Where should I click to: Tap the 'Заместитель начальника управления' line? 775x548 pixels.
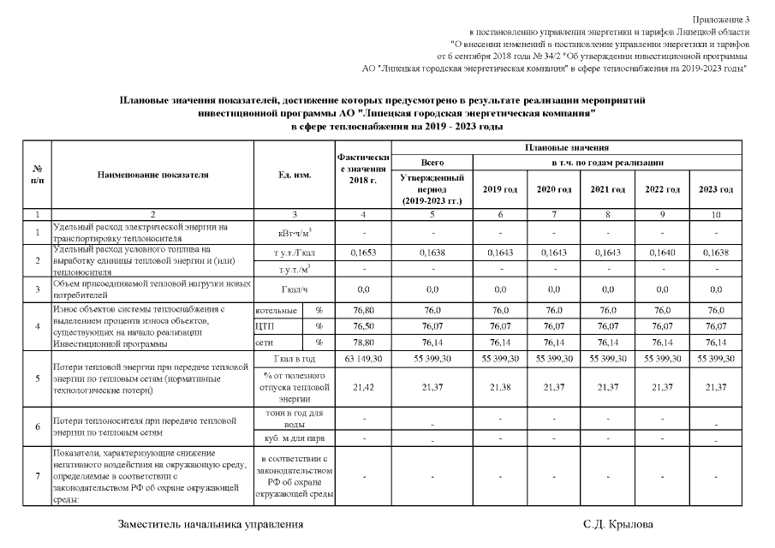(x=210, y=524)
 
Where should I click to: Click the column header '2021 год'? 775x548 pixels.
(x=607, y=188)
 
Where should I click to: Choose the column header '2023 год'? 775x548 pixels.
(x=715, y=188)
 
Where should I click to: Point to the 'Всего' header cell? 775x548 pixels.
(x=432, y=163)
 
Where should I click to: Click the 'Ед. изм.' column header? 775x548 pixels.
(x=295, y=175)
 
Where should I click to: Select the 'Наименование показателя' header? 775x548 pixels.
(x=153, y=175)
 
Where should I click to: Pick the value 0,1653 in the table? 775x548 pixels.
(x=365, y=253)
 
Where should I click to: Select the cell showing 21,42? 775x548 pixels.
(x=365, y=387)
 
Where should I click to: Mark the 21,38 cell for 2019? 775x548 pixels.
(x=499, y=387)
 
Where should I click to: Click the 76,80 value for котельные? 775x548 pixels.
(x=365, y=310)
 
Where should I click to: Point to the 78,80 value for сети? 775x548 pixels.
(x=365, y=342)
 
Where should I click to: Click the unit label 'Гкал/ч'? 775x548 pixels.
(x=295, y=289)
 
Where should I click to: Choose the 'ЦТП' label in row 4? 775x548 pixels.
(x=265, y=326)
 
